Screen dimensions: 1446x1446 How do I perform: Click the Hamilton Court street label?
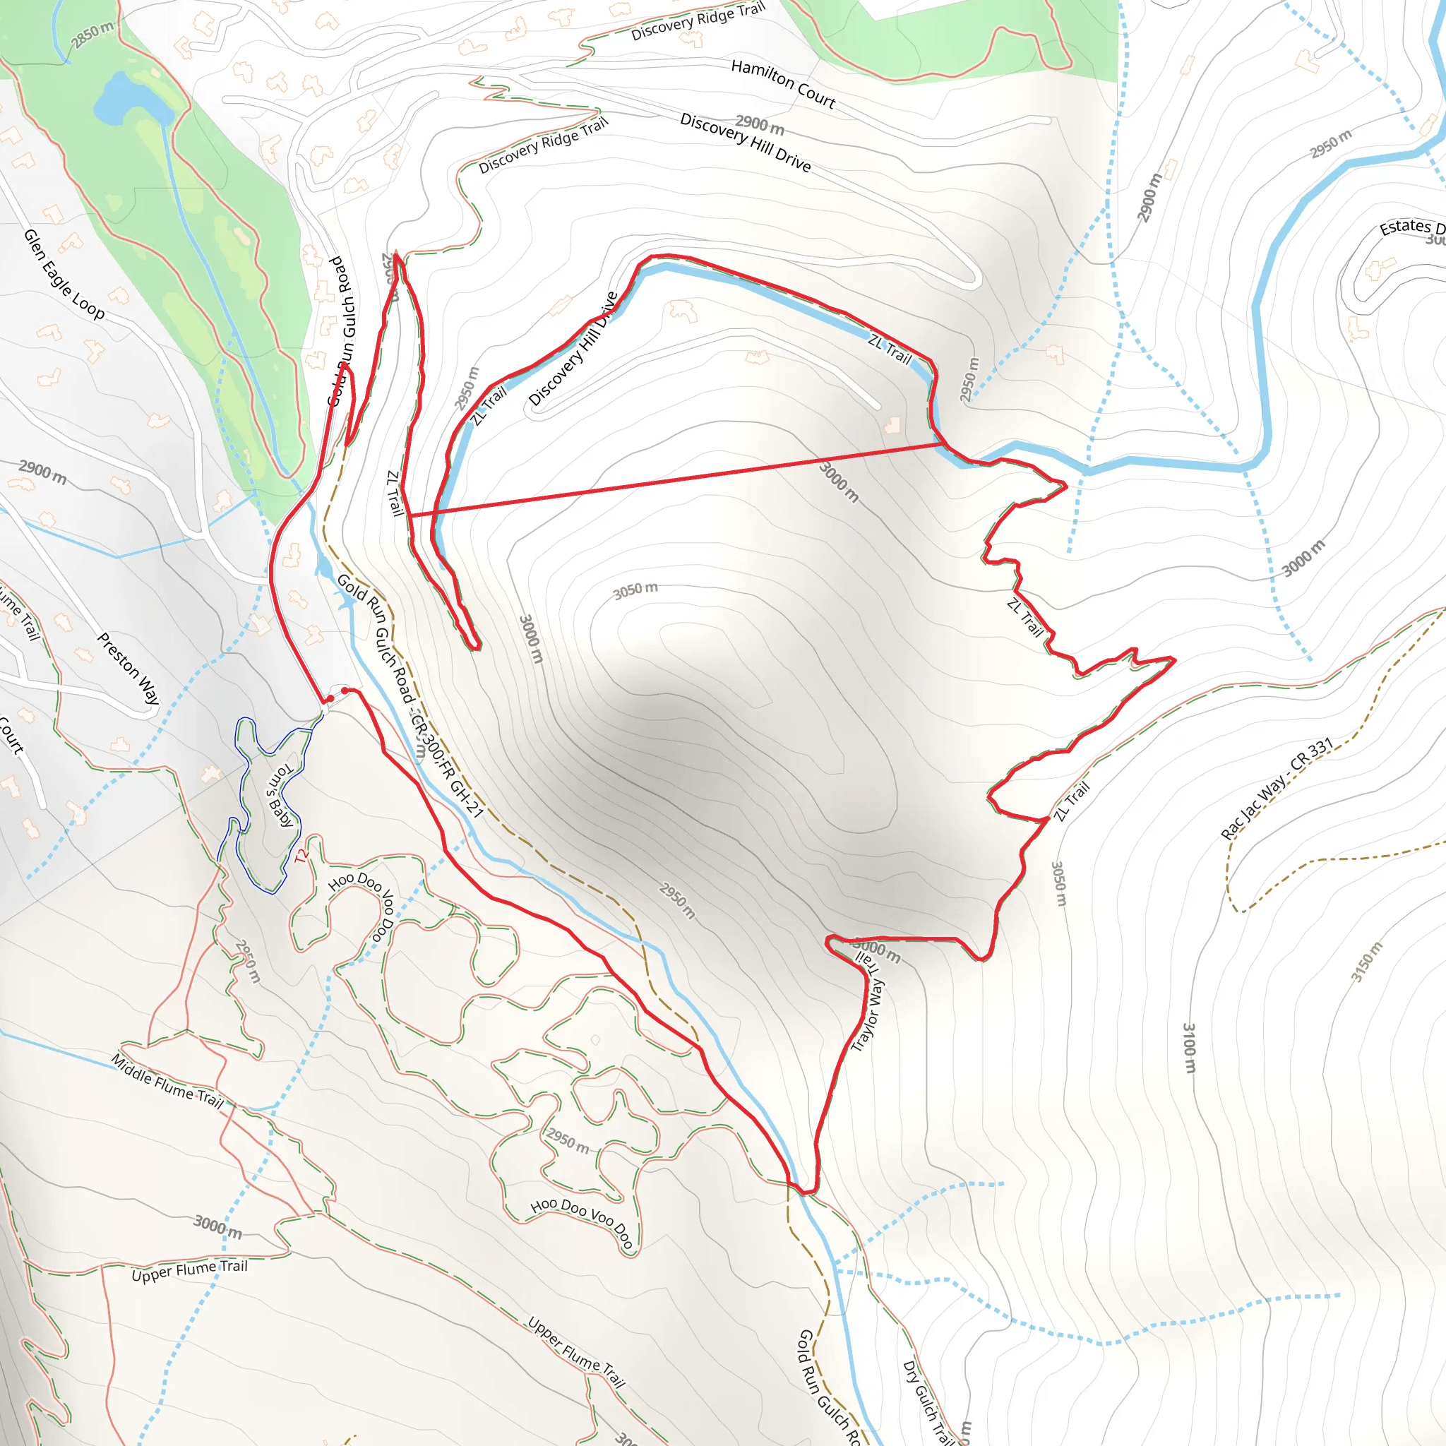[783, 84]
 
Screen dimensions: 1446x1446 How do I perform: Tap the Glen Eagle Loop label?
[64, 274]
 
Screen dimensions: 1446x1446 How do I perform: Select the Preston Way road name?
[128, 669]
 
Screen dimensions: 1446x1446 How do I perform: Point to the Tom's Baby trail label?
[281, 796]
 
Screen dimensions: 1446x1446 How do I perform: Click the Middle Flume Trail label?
[167, 1081]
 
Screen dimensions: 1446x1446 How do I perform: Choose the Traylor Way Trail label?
[869, 1003]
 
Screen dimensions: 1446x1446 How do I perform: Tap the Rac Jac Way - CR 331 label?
[1277, 788]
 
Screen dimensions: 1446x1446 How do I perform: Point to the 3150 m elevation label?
[1367, 962]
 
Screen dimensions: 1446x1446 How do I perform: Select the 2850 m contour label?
[92, 35]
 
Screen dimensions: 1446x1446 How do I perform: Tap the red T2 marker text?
[301, 856]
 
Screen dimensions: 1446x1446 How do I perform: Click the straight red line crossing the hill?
[674, 479]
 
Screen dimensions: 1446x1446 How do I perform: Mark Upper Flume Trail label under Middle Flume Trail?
[189, 1270]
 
